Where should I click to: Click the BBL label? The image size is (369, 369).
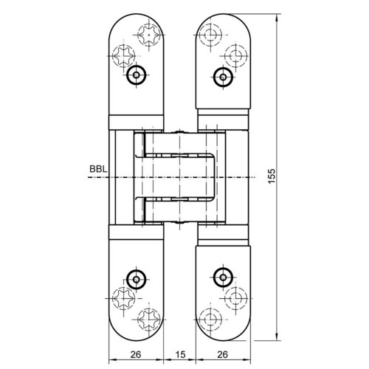click(x=98, y=169)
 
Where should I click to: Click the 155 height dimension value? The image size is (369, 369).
click(x=272, y=176)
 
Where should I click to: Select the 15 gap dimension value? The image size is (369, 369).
click(x=180, y=354)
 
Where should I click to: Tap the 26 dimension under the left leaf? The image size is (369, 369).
click(x=136, y=354)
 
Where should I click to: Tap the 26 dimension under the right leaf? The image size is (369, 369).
click(x=223, y=354)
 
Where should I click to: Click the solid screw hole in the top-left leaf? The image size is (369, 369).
click(x=137, y=75)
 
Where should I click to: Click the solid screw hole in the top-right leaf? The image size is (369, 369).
click(x=223, y=77)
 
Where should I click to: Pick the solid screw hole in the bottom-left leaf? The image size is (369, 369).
click(x=137, y=280)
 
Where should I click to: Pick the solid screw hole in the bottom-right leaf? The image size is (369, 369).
click(x=223, y=277)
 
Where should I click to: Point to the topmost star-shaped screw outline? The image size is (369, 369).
click(x=149, y=35)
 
